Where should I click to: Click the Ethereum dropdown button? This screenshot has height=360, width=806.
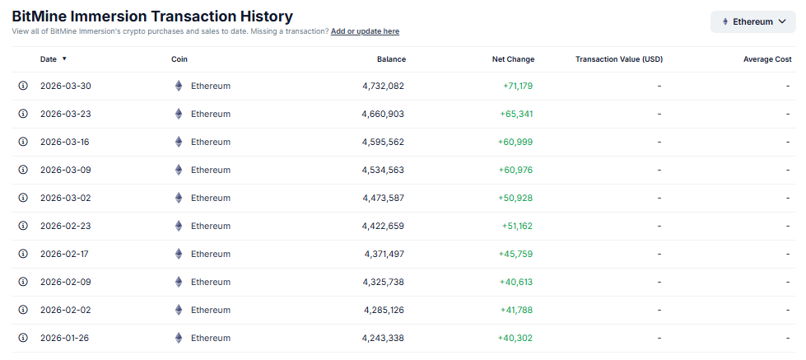click(753, 21)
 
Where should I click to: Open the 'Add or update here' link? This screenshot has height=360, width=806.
click(365, 31)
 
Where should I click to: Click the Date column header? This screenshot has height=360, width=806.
click(49, 59)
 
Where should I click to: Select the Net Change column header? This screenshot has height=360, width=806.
click(513, 59)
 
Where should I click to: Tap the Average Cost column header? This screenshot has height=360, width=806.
click(766, 59)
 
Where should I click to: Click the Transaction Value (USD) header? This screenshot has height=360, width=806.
click(619, 59)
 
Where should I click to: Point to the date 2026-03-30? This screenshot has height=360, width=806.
click(65, 86)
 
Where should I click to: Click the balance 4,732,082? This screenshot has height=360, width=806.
click(383, 86)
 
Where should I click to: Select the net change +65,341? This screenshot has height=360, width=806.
click(516, 114)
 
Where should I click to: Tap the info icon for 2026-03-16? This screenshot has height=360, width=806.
click(23, 142)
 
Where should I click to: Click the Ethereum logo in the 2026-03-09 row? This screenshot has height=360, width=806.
click(179, 170)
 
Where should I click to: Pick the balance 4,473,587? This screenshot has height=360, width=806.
click(383, 198)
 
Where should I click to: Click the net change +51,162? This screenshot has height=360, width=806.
click(517, 226)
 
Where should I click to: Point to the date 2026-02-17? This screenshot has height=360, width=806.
click(64, 254)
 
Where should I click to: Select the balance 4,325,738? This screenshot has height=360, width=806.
click(383, 282)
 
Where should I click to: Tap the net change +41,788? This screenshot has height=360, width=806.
click(516, 310)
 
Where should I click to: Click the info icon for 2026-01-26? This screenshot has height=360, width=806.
click(23, 338)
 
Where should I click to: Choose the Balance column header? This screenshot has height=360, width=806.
click(391, 59)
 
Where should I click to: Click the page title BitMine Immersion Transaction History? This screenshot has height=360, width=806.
click(152, 16)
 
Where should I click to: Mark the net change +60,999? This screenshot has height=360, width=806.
click(515, 142)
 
